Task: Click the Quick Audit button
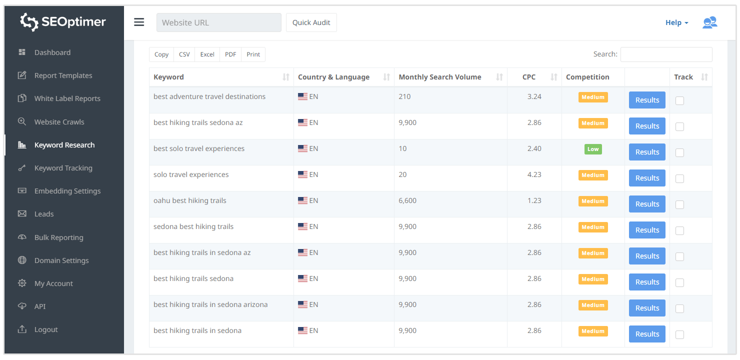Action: (x=311, y=22)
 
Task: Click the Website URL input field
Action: (x=218, y=22)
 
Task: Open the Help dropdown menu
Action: (x=676, y=22)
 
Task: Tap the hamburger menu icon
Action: (x=139, y=22)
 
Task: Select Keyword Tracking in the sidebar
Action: (x=63, y=168)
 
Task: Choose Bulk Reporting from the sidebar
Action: (x=58, y=237)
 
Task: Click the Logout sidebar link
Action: (x=46, y=329)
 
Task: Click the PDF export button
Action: (x=230, y=54)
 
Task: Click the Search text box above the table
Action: (x=666, y=54)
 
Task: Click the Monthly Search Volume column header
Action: (x=440, y=77)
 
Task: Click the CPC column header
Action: (x=529, y=77)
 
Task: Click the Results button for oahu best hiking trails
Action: (x=647, y=204)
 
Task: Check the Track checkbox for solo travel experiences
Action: (x=679, y=178)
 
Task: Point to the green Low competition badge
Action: (x=593, y=149)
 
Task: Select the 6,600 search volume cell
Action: (x=407, y=200)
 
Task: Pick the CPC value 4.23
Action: (x=534, y=174)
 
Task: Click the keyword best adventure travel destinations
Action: (x=209, y=96)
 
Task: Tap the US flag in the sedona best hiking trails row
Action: (x=302, y=226)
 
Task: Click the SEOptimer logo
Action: (x=63, y=22)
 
